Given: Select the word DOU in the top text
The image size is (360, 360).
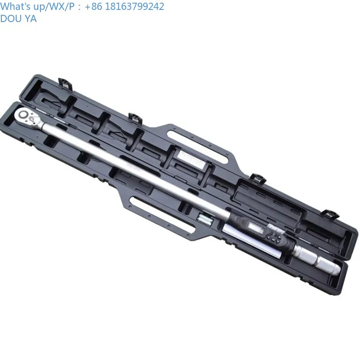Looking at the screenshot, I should (x=10, y=18).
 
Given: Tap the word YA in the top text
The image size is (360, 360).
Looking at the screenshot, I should (x=30, y=18).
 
